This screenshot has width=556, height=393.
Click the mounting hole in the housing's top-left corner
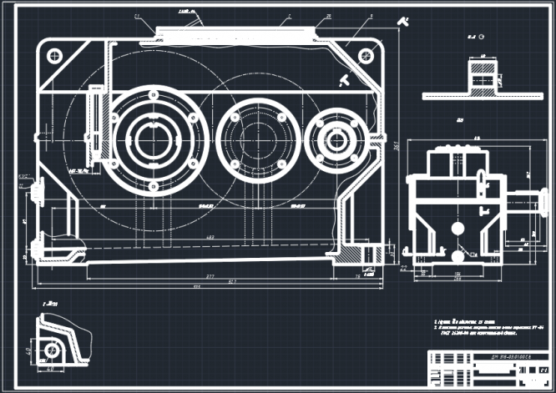click(55, 56)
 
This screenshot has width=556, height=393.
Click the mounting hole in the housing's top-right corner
click(365, 56)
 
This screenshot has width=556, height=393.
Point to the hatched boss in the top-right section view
click(483, 78)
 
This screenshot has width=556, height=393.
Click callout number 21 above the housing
click(138, 16)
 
